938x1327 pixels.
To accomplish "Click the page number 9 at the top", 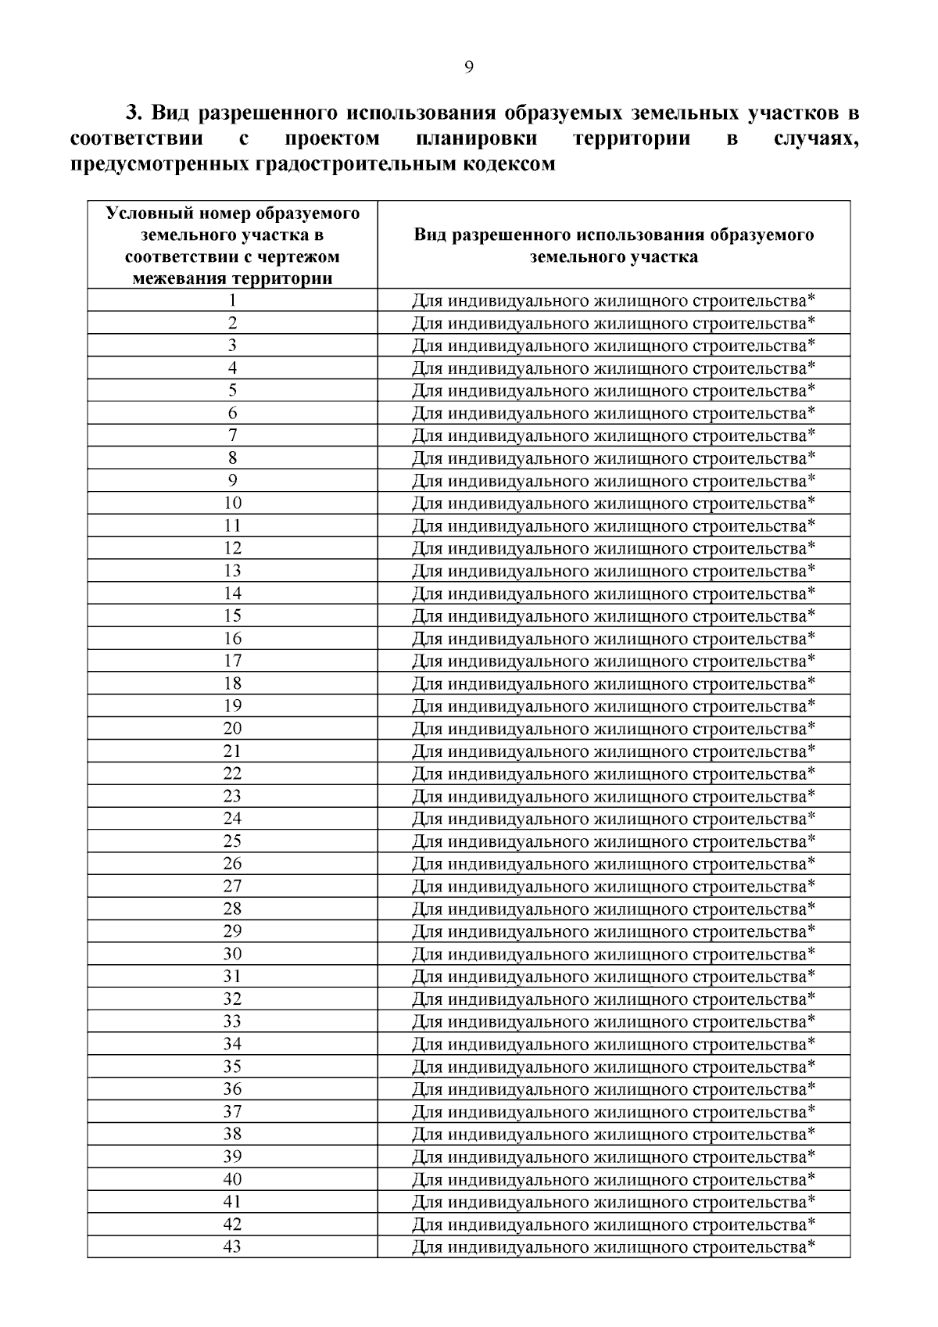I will tap(468, 67).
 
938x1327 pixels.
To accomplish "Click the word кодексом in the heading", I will tap(506, 164).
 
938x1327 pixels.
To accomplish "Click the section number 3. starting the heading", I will tap(134, 113).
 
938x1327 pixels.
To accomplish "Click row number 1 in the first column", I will tap(232, 300).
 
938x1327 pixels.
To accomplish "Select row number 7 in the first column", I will tap(232, 436).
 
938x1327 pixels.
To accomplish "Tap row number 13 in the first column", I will tap(232, 571).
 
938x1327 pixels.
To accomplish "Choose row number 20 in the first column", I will tap(232, 729).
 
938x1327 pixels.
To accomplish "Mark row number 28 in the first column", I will tap(232, 909).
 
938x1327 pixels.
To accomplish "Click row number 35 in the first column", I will tap(232, 1067).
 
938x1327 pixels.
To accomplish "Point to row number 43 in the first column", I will tap(232, 1246).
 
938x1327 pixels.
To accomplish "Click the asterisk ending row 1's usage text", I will tap(811, 298).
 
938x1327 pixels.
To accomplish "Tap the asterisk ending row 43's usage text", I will tap(811, 1244).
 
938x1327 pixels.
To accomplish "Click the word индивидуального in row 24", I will tap(518, 819).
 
